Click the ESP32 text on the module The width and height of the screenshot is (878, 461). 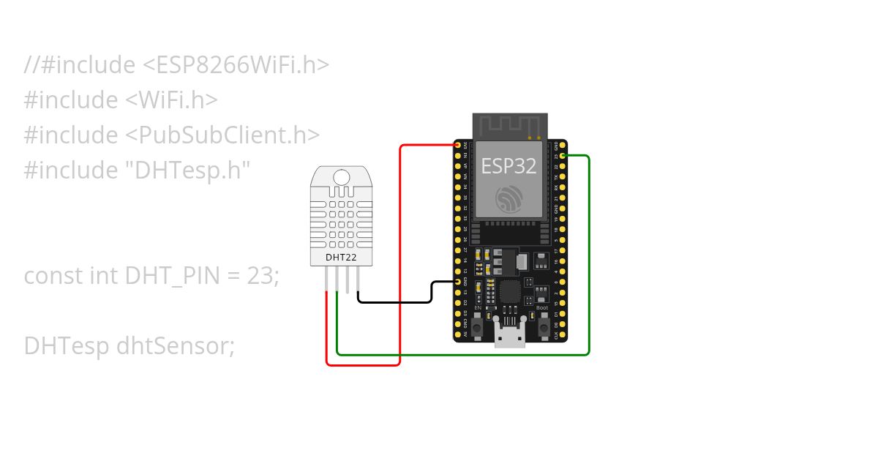click(508, 165)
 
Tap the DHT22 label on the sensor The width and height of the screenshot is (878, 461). click(341, 258)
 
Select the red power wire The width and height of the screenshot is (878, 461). click(400, 256)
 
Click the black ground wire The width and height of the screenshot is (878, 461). click(395, 301)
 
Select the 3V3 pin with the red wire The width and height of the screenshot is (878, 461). click(459, 146)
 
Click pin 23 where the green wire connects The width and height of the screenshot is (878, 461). click(562, 156)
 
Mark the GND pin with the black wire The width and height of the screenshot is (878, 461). click(459, 281)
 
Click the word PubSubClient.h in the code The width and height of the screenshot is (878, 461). click(239, 135)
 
